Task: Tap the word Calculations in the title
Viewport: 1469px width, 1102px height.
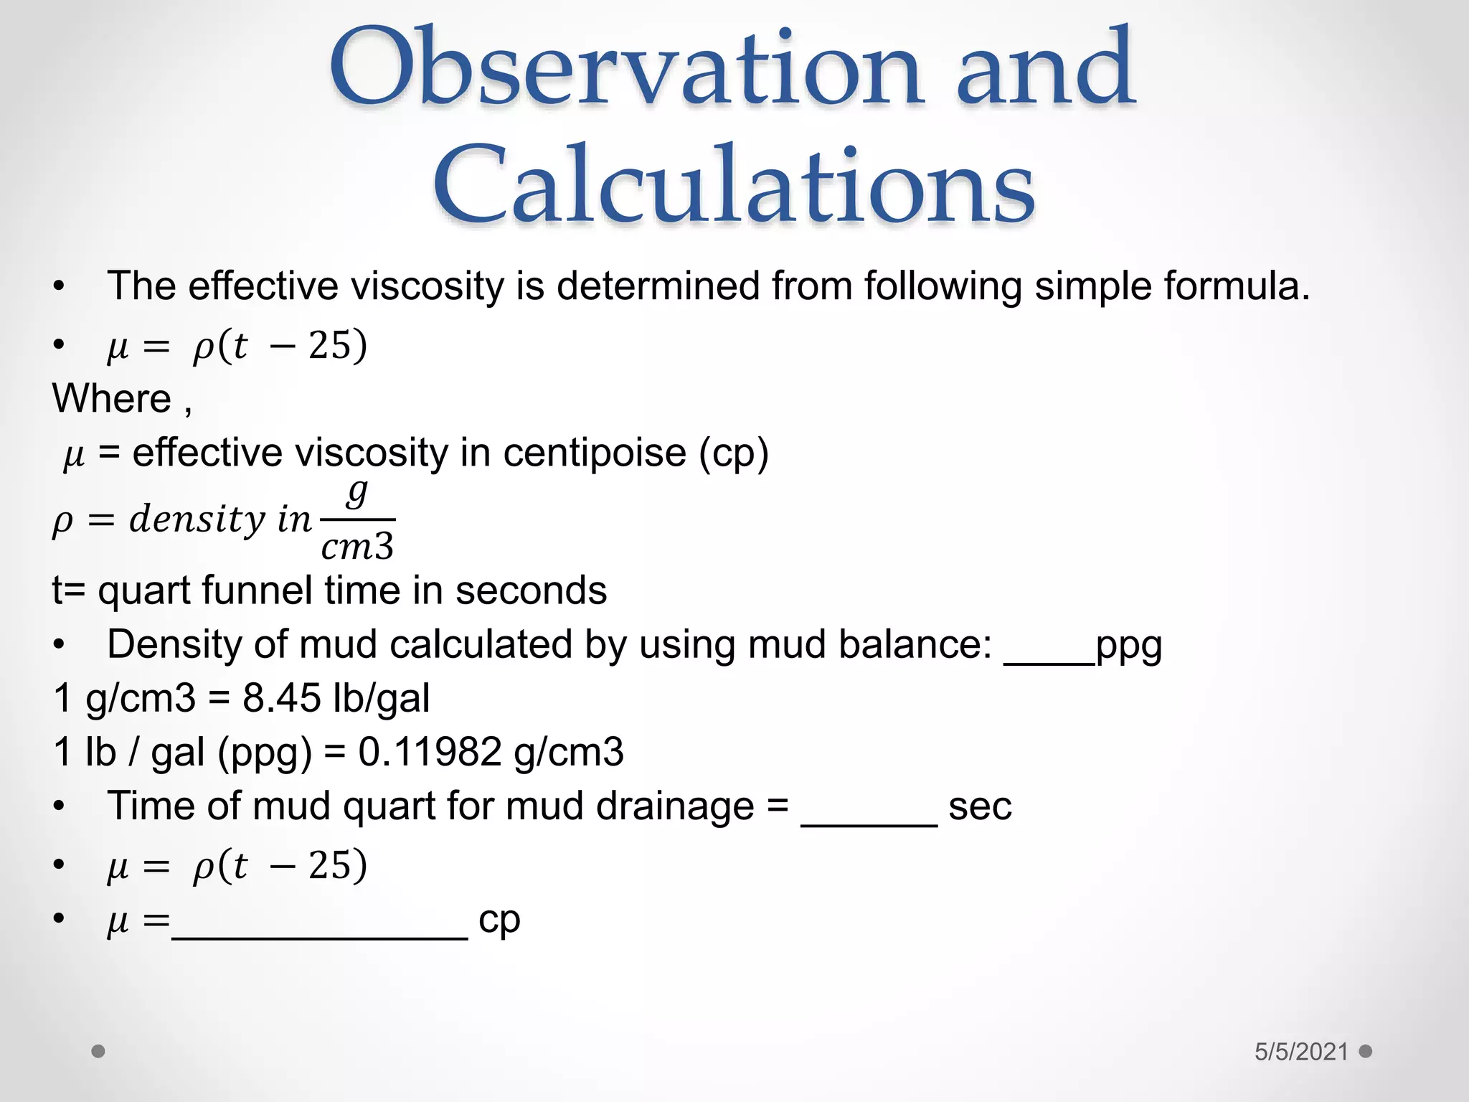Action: [733, 184]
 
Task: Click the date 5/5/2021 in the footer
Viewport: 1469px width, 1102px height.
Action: [1301, 1052]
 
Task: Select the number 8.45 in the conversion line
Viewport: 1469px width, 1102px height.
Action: [280, 697]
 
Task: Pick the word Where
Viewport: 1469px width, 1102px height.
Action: [112, 398]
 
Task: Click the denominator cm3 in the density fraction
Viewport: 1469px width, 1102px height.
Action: [357, 547]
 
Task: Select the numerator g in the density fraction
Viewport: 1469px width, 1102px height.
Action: [357, 492]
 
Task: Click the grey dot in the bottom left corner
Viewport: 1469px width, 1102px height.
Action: [99, 1051]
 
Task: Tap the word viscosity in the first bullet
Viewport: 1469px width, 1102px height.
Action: [428, 286]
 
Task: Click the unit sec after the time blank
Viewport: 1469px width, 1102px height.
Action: [980, 806]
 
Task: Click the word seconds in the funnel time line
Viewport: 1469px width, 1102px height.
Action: [531, 590]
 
